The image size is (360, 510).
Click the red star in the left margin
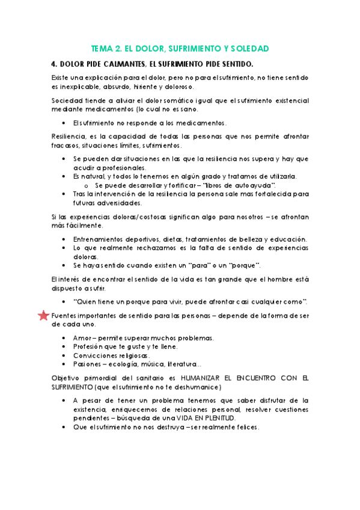coord(43,316)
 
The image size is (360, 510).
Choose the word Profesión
coord(89,346)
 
